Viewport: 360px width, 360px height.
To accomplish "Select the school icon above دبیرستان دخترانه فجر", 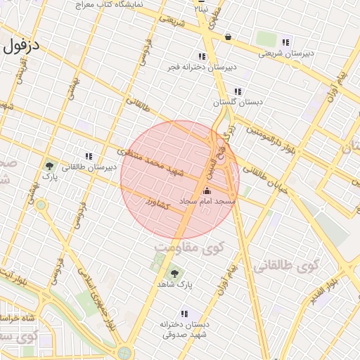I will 202,56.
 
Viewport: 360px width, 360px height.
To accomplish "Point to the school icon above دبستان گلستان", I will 238,91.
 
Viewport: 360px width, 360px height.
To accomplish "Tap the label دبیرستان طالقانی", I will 88,168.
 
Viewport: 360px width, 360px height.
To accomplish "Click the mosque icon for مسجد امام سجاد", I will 207,191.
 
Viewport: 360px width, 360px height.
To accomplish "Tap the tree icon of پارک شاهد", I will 174,273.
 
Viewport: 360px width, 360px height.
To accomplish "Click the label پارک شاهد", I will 183,285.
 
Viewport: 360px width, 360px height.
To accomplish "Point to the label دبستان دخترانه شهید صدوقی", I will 184,329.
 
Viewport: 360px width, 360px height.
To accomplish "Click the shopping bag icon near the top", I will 228,37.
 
